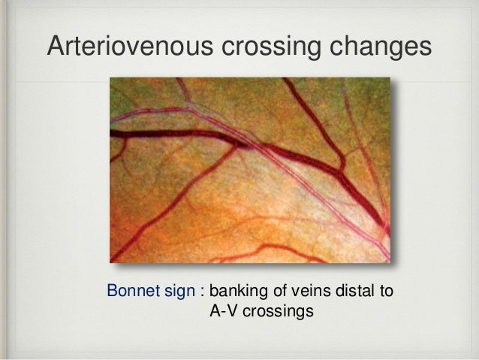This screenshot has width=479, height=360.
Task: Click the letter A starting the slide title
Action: point(54,46)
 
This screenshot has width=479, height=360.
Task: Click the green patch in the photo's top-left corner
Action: point(124,90)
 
